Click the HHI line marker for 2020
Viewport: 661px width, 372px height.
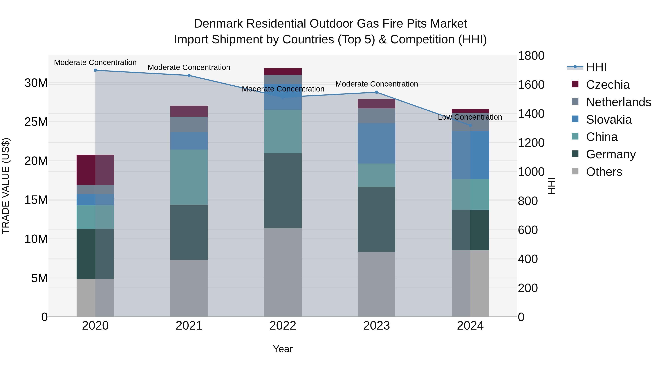(x=95, y=70)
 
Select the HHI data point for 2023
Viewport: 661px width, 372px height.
(x=376, y=92)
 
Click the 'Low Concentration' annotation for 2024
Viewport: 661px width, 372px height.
(x=470, y=117)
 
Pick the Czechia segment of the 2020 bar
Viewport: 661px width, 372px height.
(x=95, y=170)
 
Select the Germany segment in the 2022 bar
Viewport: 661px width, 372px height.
(x=283, y=191)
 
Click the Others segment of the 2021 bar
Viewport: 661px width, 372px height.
(x=189, y=288)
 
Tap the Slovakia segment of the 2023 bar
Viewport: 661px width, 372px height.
(x=376, y=143)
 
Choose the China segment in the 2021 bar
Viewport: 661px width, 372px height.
(x=189, y=177)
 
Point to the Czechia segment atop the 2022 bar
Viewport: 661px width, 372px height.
(x=283, y=71)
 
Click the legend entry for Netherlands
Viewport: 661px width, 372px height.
(x=618, y=102)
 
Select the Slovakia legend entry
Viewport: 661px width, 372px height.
(x=609, y=120)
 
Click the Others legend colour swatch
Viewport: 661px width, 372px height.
(x=575, y=171)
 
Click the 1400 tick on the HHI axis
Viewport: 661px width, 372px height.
(x=531, y=114)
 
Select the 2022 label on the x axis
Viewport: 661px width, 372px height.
(x=283, y=326)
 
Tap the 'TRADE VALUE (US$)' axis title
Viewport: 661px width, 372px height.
(x=6, y=186)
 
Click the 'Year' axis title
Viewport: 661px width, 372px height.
(x=283, y=349)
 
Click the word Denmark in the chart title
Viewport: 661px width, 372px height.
(x=218, y=24)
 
